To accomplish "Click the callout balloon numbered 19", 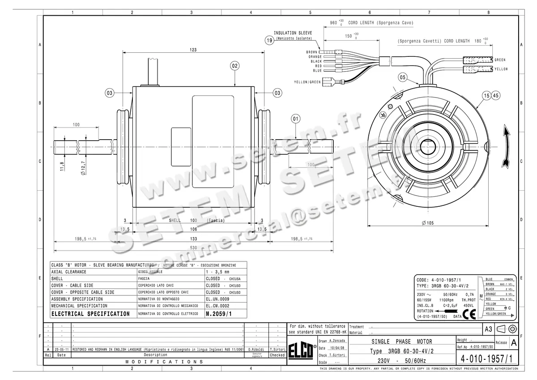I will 269,41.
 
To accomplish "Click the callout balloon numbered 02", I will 234,66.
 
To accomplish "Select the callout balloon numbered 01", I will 295,119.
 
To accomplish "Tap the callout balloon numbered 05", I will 403,77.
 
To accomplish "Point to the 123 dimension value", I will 193,50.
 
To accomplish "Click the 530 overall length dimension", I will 192,247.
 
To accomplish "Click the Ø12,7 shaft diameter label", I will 83,166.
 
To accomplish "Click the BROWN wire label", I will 312,52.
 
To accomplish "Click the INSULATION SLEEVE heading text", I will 293,33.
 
